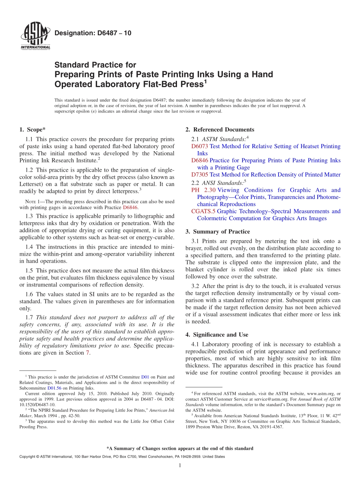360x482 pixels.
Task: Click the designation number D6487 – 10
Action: pos(93,33)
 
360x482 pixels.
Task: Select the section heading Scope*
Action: pos(32,130)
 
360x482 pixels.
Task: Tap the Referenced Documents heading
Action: pos(220,130)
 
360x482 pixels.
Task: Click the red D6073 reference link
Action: pos(199,146)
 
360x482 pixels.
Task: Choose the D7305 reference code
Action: pos(199,175)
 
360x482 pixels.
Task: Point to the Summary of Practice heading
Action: pos(218,232)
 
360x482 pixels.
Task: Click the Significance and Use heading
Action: pos(217,335)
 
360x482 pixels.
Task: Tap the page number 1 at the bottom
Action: pos(180,466)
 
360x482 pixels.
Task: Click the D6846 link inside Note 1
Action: pos(130,208)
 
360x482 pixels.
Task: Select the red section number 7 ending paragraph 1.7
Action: pos(88,353)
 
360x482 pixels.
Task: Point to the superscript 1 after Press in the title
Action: pos(205,81)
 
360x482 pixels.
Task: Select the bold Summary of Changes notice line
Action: pos(180,448)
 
